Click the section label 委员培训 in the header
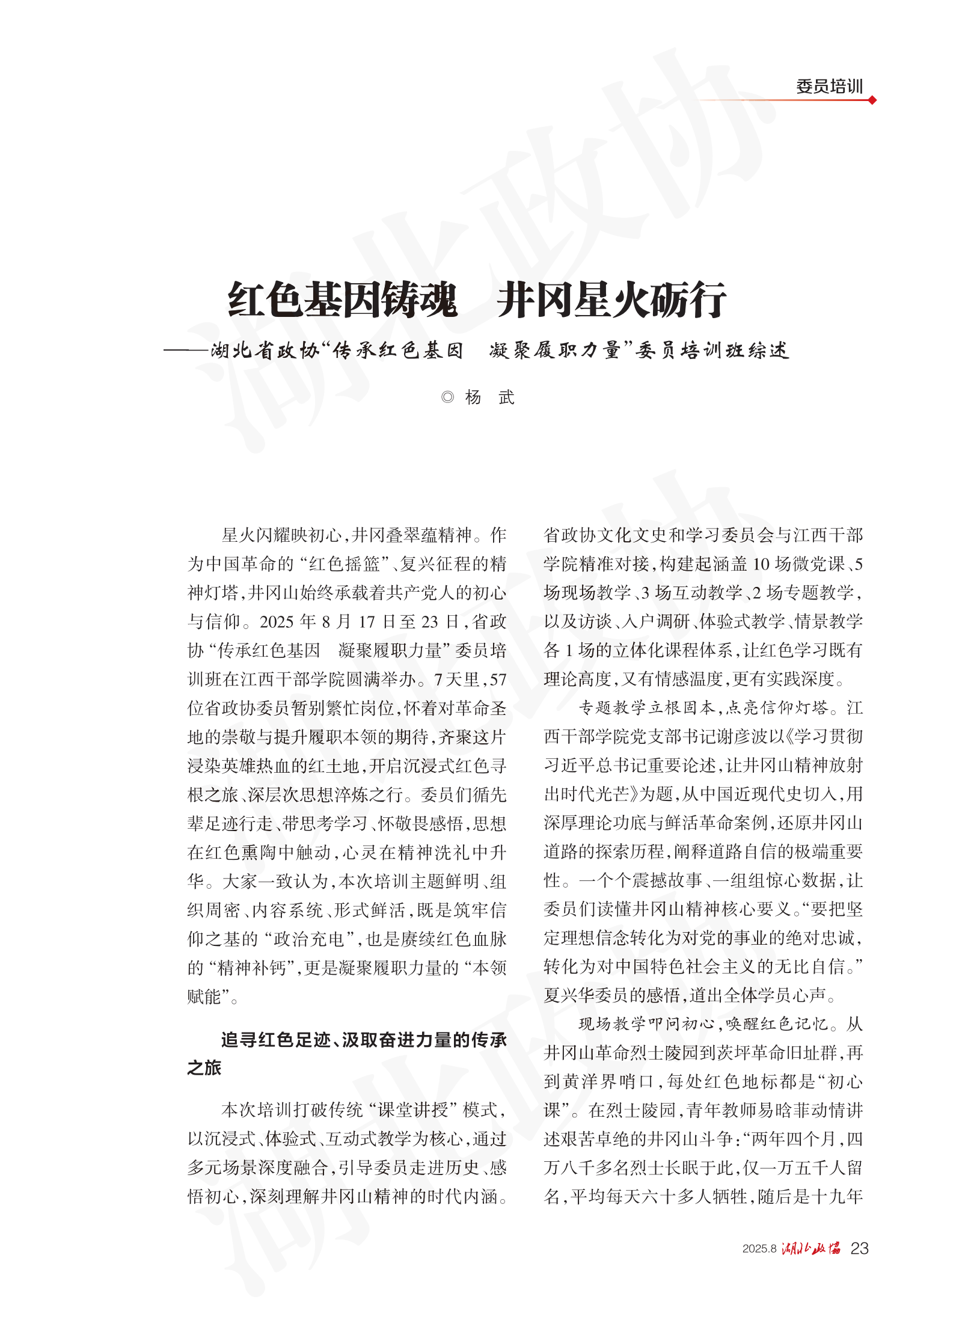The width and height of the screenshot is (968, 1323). pyautogui.click(x=829, y=87)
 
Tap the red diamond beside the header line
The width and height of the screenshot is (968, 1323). pyautogui.click(x=872, y=100)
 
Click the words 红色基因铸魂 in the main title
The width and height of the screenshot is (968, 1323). pyautogui.click(x=342, y=299)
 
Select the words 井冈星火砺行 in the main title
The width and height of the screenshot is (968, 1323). pyautogui.click(x=611, y=299)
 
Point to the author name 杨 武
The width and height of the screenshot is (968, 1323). pyautogui.click(x=489, y=397)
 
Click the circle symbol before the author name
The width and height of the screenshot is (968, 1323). pyautogui.click(x=447, y=397)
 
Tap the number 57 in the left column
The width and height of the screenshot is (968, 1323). pyautogui.click(x=498, y=680)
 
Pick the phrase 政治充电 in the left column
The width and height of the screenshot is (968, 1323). pyautogui.click(x=308, y=939)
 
